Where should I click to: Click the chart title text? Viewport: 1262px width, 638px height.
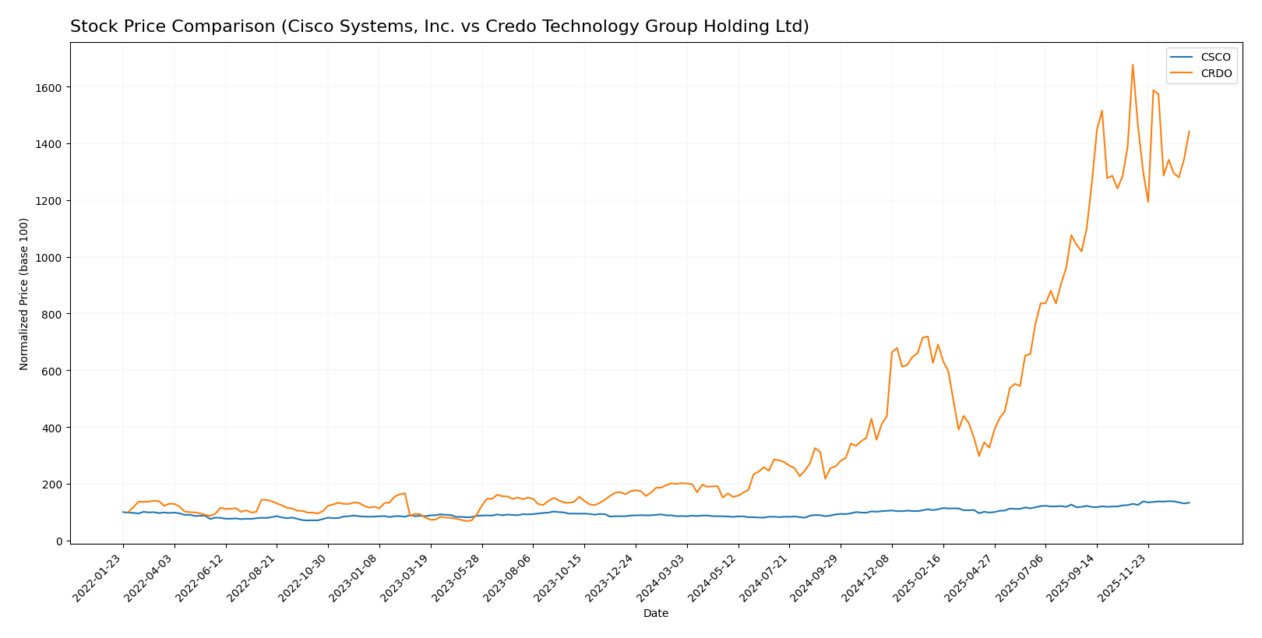click(x=439, y=27)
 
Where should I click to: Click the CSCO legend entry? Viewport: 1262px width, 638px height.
click(x=1215, y=58)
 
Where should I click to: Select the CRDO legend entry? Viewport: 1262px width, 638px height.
click(x=1215, y=74)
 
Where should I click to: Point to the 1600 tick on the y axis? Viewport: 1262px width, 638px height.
click(x=49, y=87)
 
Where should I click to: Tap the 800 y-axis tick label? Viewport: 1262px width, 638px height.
click(x=52, y=314)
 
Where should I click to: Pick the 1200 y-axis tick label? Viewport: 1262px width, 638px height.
click(x=49, y=201)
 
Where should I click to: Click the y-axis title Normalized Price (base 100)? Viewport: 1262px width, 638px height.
click(x=24, y=294)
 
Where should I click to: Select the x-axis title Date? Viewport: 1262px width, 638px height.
click(x=655, y=614)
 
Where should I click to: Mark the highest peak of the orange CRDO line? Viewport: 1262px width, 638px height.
click(x=1133, y=65)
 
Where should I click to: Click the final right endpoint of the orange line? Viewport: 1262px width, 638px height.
click(x=1189, y=132)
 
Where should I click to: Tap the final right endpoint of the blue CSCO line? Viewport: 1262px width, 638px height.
click(x=1189, y=502)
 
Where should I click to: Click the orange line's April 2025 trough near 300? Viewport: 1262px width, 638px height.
click(x=979, y=456)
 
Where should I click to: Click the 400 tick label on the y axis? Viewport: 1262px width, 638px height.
click(x=52, y=428)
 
